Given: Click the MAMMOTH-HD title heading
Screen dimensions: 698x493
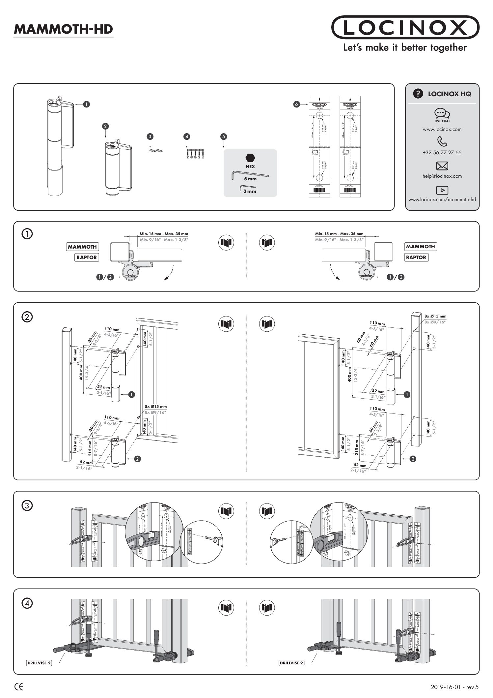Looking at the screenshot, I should coord(63,29).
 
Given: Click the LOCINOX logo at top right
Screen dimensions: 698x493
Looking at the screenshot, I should coord(405,27).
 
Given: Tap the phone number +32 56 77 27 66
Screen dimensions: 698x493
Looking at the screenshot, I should coord(442,153).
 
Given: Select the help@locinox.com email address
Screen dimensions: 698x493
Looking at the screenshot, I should coord(442,176).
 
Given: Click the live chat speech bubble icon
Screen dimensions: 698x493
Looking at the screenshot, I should coord(442,113).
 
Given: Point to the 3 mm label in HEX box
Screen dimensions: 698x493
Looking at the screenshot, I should coord(250,192).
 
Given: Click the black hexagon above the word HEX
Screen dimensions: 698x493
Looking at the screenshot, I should coord(250,158).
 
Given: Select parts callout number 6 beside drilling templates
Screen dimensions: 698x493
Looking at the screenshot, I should coord(296,104).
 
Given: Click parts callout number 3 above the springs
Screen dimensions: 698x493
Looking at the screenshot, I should coord(150,136).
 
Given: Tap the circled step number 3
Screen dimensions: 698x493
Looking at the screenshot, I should coord(27,505).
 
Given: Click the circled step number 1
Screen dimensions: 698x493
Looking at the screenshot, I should coord(27,234).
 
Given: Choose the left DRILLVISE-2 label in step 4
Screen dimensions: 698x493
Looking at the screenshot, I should coord(39,663).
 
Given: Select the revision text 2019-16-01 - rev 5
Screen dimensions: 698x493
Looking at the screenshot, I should coord(454,687).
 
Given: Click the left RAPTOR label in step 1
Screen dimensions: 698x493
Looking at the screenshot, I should coord(87,258).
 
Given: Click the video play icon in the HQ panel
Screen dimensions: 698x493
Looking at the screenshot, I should coord(442,190).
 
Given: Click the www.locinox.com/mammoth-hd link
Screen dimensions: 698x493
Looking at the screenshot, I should coord(442,199).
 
